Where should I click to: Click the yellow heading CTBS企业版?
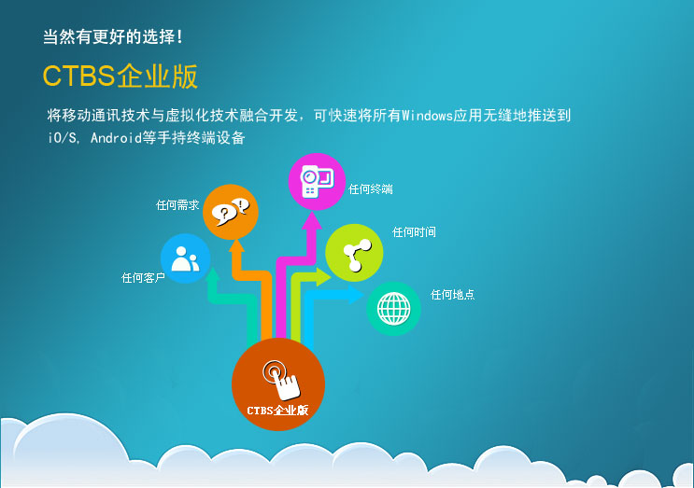(x=120, y=76)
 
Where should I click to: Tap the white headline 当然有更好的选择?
(x=113, y=36)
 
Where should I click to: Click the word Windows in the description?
(x=427, y=116)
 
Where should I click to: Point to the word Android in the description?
(x=116, y=138)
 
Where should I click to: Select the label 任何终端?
(x=371, y=189)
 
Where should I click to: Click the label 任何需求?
(x=177, y=204)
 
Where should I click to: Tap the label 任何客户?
(x=143, y=278)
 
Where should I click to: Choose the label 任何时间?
(x=414, y=232)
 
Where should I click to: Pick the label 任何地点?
(x=452, y=295)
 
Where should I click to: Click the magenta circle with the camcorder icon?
(x=317, y=182)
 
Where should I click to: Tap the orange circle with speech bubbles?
(x=231, y=212)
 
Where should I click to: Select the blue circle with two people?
(x=186, y=258)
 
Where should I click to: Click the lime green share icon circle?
(x=354, y=253)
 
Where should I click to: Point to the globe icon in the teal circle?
(x=393, y=309)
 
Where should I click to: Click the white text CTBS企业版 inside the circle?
(x=277, y=411)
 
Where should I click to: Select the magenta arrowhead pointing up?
(x=312, y=220)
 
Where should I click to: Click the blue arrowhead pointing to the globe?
(x=356, y=295)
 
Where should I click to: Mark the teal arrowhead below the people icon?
(x=213, y=274)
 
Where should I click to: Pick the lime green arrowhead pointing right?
(x=323, y=277)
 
